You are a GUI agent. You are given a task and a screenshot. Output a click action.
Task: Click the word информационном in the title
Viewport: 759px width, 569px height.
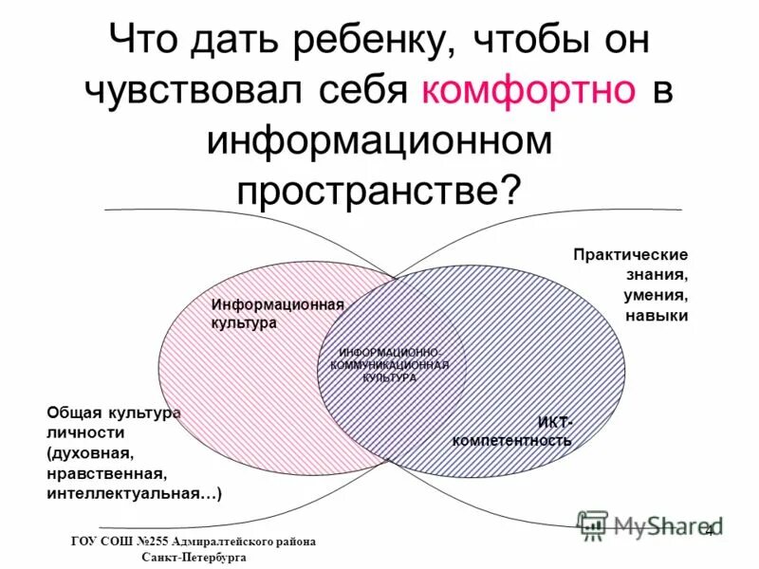pyautogui.click(x=379, y=141)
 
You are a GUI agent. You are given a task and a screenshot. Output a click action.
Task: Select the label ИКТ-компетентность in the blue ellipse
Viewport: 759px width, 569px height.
pyautogui.click(x=513, y=431)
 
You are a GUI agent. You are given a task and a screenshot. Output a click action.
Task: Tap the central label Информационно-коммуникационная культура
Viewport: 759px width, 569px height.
pyautogui.click(x=389, y=364)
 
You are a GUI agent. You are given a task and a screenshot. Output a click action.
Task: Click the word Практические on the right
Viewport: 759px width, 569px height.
pyautogui.click(x=631, y=255)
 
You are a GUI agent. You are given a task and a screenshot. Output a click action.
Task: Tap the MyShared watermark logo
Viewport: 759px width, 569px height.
pyautogui.click(x=649, y=524)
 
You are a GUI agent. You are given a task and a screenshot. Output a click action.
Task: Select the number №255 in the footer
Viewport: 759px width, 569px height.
pyautogui.click(x=153, y=541)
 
